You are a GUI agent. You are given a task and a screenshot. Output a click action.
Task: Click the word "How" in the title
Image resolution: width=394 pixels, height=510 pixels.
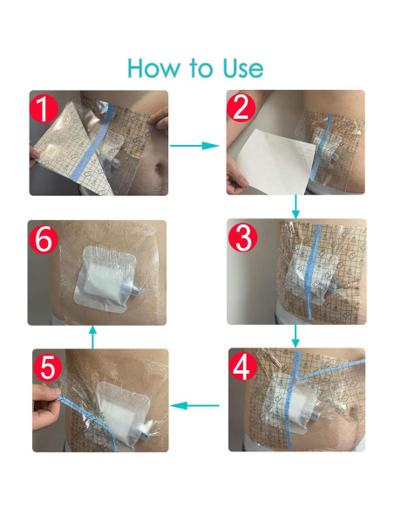point(153,67)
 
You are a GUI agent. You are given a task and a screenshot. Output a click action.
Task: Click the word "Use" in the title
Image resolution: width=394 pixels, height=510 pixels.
point(243,67)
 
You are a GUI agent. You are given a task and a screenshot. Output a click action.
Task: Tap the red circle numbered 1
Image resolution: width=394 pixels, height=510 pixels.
point(44,109)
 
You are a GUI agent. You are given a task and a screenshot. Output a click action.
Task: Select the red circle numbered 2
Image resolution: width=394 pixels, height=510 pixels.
point(241,107)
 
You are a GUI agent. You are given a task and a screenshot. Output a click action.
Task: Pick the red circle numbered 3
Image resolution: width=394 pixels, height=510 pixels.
point(242,238)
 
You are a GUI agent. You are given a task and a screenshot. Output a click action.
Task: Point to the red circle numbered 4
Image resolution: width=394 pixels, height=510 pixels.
point(243,366)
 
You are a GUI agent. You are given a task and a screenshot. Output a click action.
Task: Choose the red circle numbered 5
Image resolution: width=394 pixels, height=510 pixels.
point(47,367)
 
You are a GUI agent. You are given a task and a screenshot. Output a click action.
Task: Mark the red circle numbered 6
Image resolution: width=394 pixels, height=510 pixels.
point(44,239)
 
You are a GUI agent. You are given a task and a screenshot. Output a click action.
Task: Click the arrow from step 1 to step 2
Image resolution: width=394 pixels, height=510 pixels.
point(194,146)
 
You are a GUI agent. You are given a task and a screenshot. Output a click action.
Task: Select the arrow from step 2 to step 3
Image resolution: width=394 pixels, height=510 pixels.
point(295,207)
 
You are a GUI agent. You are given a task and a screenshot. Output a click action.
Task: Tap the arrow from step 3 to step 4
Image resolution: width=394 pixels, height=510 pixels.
point(295,335)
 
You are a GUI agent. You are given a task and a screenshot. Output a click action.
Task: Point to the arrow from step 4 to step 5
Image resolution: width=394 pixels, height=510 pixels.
point(194,405)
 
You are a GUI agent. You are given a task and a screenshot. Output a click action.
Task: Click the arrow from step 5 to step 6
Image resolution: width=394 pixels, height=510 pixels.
point(92,337)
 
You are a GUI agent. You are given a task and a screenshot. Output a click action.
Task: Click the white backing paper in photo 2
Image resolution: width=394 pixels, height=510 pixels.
point(275,161)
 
